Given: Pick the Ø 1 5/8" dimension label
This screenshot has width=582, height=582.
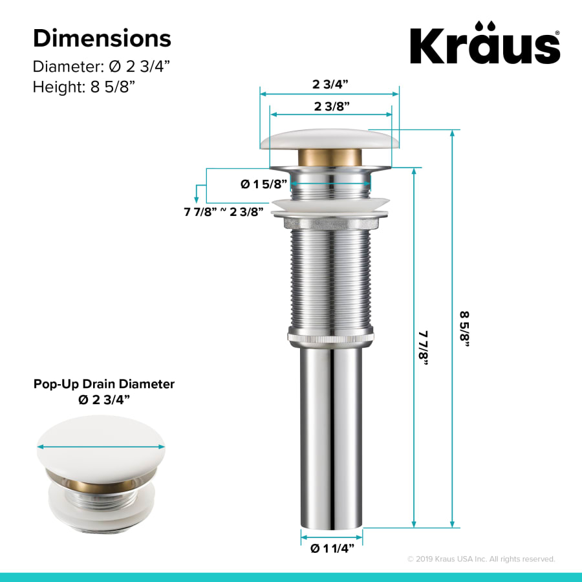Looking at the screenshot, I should coord(264,184).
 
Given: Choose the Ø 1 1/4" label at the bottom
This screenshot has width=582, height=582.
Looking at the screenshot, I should coord(332,549).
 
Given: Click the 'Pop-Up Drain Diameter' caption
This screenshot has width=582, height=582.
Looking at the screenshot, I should coord(104,384).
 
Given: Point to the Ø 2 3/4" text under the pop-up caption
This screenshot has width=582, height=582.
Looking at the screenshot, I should coord(104,400).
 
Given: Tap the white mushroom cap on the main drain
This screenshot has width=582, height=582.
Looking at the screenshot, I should coord(330,140).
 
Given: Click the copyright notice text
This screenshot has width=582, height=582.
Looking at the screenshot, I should coord(480,559).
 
